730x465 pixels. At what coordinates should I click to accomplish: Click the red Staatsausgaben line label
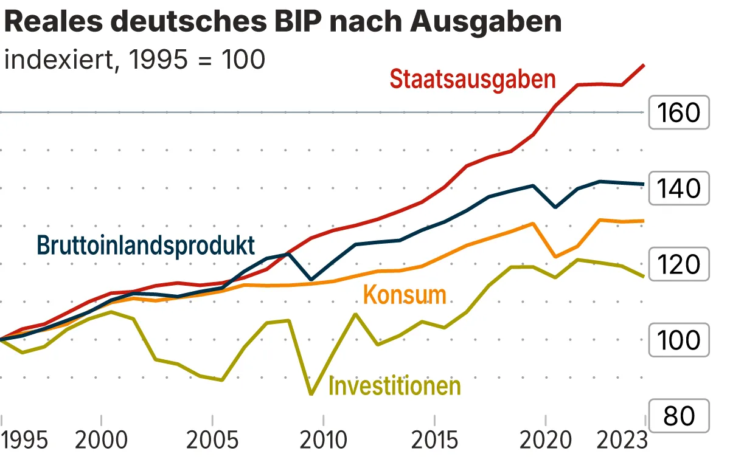473,80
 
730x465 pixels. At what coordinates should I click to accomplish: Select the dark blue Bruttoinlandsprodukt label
145,245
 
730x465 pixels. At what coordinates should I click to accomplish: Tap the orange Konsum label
405,295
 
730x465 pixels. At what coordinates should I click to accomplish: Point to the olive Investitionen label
394,385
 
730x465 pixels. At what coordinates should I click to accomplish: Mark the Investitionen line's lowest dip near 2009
312,394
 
